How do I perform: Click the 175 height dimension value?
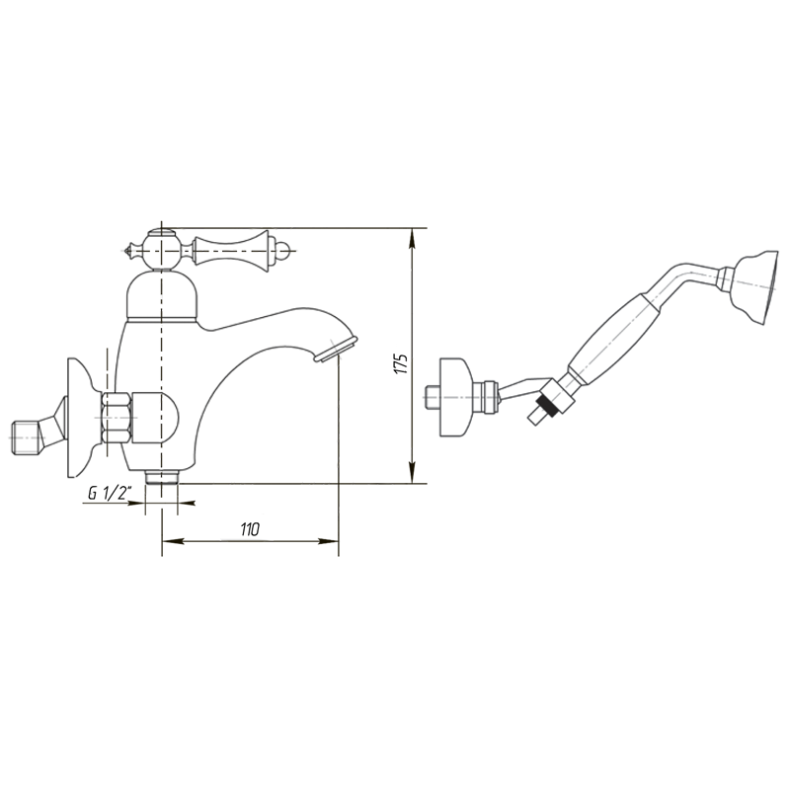[x=402, y=363]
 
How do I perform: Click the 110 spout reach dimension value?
[x=250, y=529]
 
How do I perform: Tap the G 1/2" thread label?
[x=110, y=493]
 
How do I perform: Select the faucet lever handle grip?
[x=232, y=249]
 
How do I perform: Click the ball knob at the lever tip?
[x=284, y=250]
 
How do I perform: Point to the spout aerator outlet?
[x=336, y=349]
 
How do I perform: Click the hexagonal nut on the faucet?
[x=117, y=418]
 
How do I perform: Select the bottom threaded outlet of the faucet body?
[x=162, y=477]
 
